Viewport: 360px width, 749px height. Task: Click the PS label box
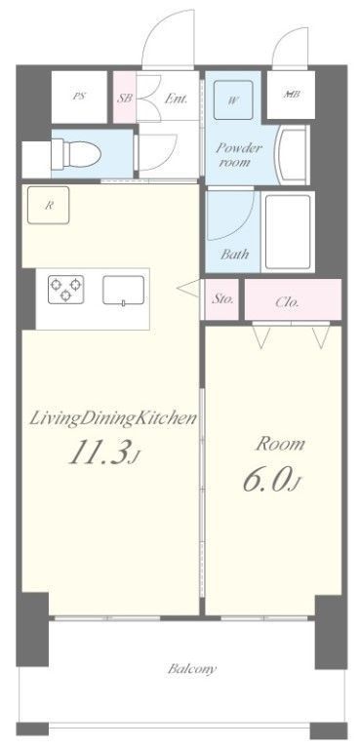coord(77,96)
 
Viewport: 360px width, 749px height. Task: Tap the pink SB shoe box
coord(124,98)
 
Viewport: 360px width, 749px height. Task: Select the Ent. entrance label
coord(176,98)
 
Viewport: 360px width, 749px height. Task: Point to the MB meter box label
coord(291,95)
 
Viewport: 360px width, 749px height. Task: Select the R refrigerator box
coord(47,204)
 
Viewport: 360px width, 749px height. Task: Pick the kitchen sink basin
coord(125,290)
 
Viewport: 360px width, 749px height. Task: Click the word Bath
coord(234,254)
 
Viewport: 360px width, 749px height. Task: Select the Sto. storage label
coord(222,299)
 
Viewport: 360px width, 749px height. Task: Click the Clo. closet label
coord(287,301)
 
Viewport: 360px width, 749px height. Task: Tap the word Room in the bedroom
coord(280,444)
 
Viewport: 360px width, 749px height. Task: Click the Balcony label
coord(191,669)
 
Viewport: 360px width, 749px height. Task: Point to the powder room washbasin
coord(290,153)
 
